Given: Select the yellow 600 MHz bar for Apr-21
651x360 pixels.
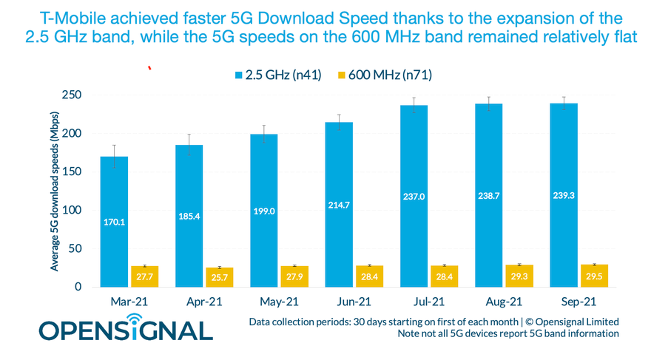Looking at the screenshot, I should (x=220, y=277).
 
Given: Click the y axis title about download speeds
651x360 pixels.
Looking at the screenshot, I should (x=55, y=190).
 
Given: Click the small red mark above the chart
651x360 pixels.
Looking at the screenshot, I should (x=150, y=69).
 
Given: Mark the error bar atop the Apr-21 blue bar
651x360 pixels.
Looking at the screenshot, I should (x=189, y=144).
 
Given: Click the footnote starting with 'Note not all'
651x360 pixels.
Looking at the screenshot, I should (x=507, y=334).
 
